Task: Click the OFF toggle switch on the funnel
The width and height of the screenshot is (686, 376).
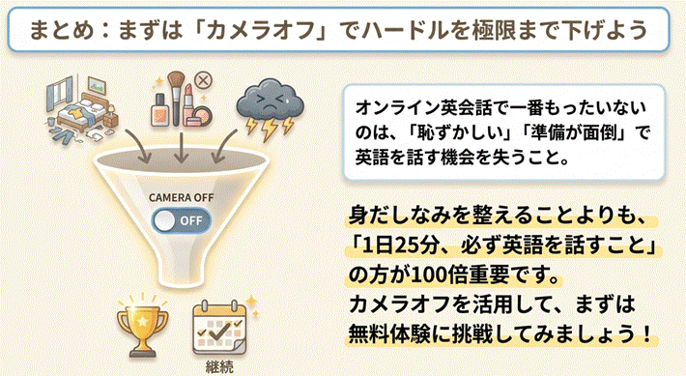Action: (181, 220)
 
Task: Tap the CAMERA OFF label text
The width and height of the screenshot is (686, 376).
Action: (181, 198)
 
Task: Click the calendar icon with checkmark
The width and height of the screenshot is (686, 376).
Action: (219, 329)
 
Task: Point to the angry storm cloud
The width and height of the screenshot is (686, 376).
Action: (271, 101)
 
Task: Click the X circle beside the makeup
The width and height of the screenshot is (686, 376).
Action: (203, 81)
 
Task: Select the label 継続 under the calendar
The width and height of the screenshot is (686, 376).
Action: (219, 366)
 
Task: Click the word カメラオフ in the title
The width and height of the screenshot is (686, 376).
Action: (260, 31)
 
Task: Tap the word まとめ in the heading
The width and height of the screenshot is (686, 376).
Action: (63, 31)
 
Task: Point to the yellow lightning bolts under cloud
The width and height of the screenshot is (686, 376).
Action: (270, 126)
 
